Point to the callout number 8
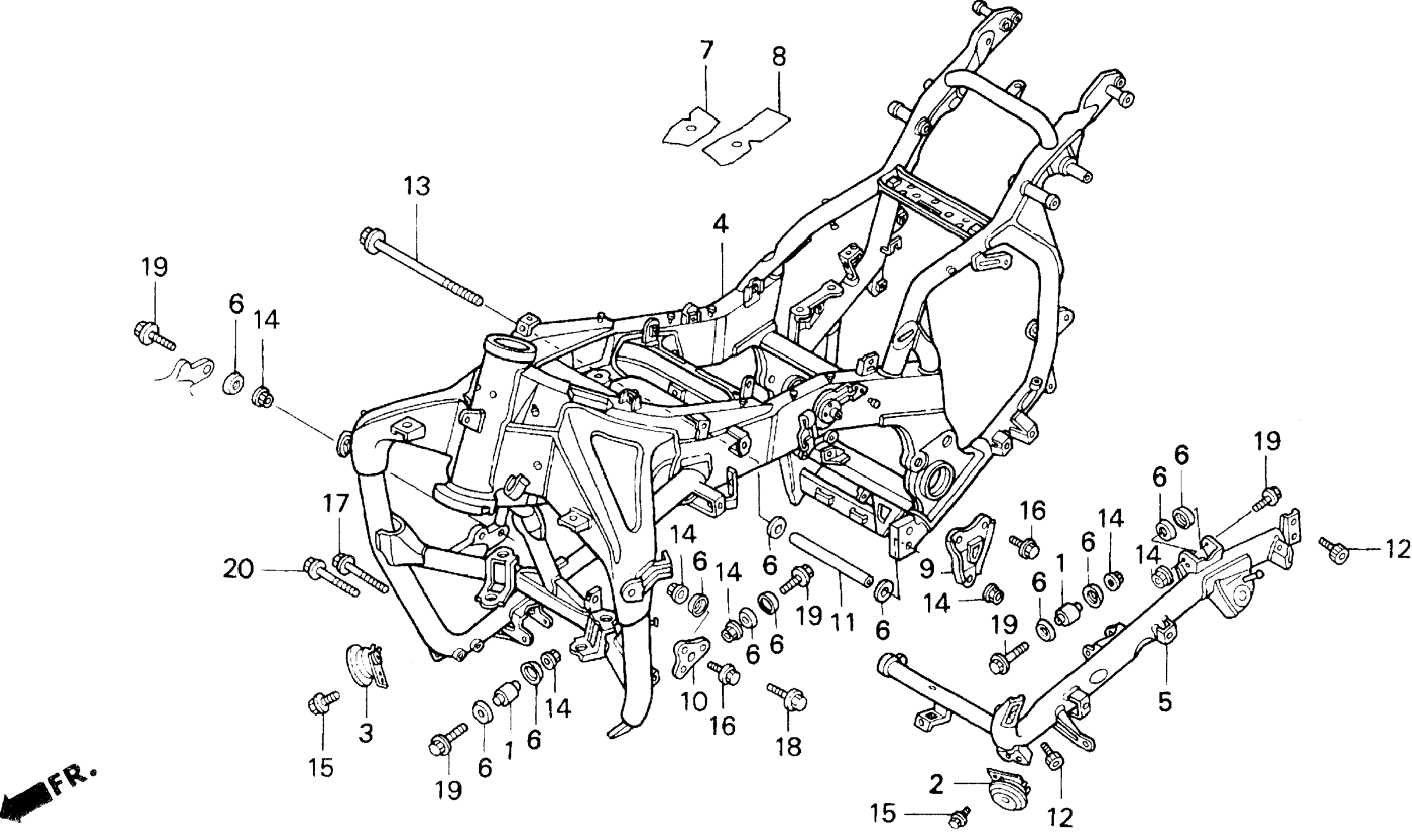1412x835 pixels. click(x=779, y=57)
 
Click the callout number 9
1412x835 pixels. click(x=927, y=569)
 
